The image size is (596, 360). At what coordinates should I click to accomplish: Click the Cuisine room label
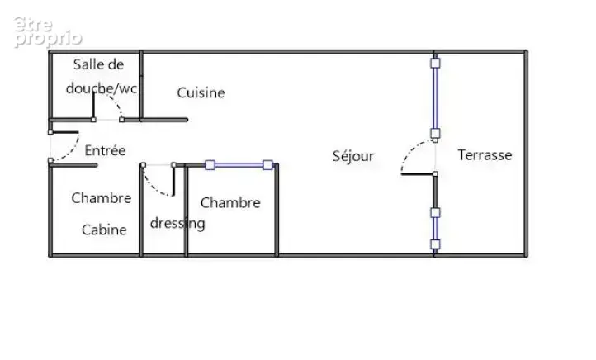pos(201,92)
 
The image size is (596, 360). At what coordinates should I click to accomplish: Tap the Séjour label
pos(353,156)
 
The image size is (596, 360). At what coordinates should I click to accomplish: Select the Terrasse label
pos(485,155)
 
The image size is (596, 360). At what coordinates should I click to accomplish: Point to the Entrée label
pos(105,150)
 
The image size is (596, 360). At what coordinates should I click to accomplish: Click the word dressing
pos(177,223)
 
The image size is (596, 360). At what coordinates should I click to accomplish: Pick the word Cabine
pos(104,230)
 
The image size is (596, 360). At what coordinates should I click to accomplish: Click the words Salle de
pos(98,64)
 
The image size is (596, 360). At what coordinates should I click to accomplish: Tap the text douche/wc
pos(102,88)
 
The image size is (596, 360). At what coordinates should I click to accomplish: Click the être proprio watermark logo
pos(48,32)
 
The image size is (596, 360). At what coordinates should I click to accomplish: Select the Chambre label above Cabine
pos(101,198)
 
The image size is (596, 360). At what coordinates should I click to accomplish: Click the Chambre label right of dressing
pos(230,202)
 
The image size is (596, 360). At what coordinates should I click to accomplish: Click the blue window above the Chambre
pos(239,165)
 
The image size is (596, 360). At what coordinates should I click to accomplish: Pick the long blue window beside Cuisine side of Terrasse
pos(435,98)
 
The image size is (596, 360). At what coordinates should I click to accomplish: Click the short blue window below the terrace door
pos(435,229)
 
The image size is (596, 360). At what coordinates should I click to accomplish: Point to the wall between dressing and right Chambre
pos(186,211)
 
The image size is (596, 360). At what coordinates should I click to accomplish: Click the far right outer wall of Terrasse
pos(526,154)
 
